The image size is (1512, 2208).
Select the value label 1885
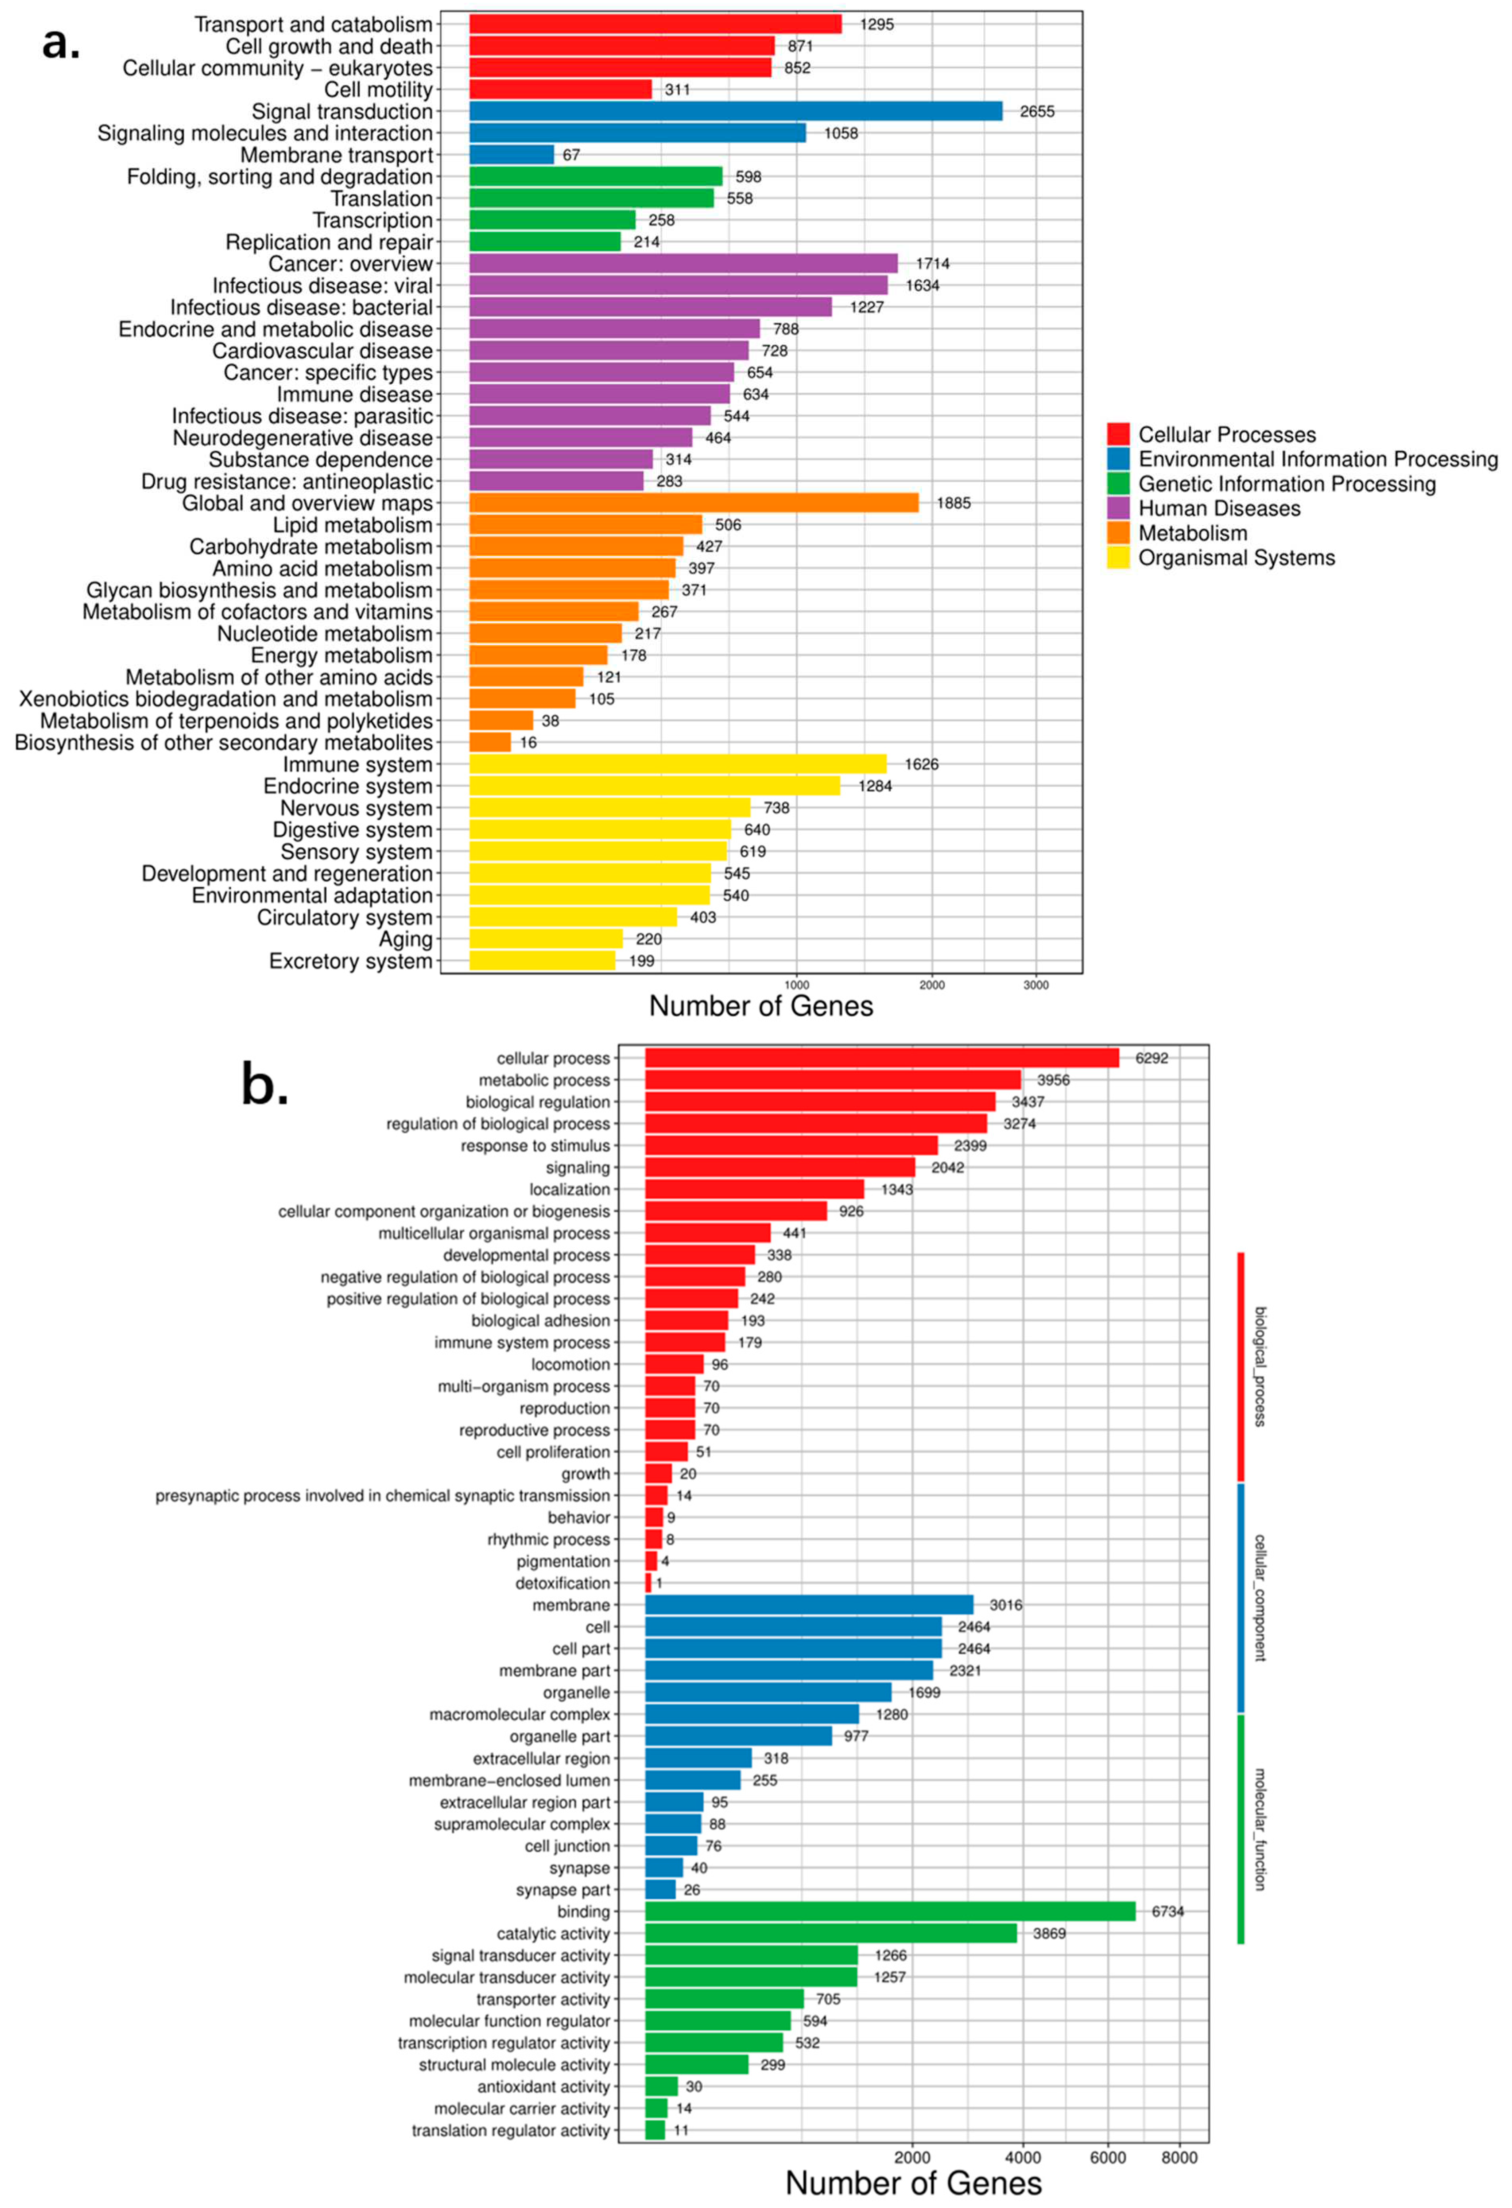[954, 503]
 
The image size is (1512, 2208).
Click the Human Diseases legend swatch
[1118, 508]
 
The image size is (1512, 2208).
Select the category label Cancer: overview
[351, 264]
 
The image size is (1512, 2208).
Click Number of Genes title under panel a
[761, 1006]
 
